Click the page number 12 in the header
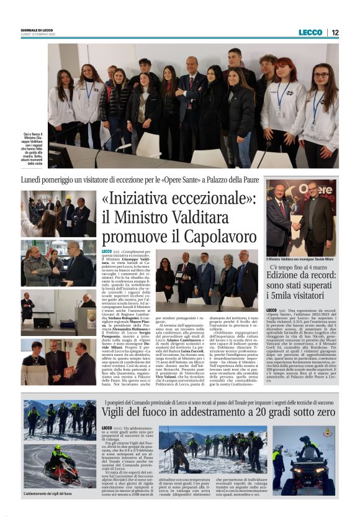point(335,32)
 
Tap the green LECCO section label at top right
point(310,32)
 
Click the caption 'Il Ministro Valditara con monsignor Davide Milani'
point(301,258)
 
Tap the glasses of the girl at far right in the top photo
point(320,75)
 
